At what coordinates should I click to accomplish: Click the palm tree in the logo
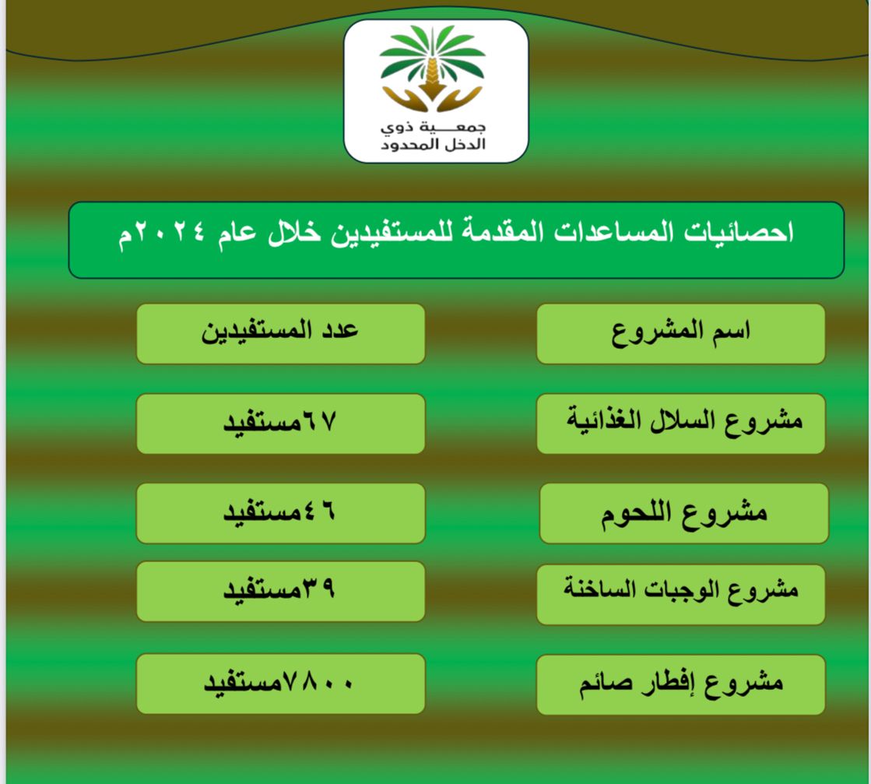click(x=432, y=60)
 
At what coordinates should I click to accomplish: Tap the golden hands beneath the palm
click(x=432, y=99)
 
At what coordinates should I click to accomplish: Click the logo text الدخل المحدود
click(x=434, y=145)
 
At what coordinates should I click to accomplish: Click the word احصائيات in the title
click(x=738, y=232)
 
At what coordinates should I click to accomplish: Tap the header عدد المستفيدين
click(x=280, y=331)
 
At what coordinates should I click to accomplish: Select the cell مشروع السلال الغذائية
click(x=684, y=421)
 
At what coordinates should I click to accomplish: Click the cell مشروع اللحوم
click(x=684, y=513)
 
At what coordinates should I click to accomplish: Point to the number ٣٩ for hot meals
click(x=318, y=588)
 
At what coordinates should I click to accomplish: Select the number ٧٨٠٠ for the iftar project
click(x=318, y=682)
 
